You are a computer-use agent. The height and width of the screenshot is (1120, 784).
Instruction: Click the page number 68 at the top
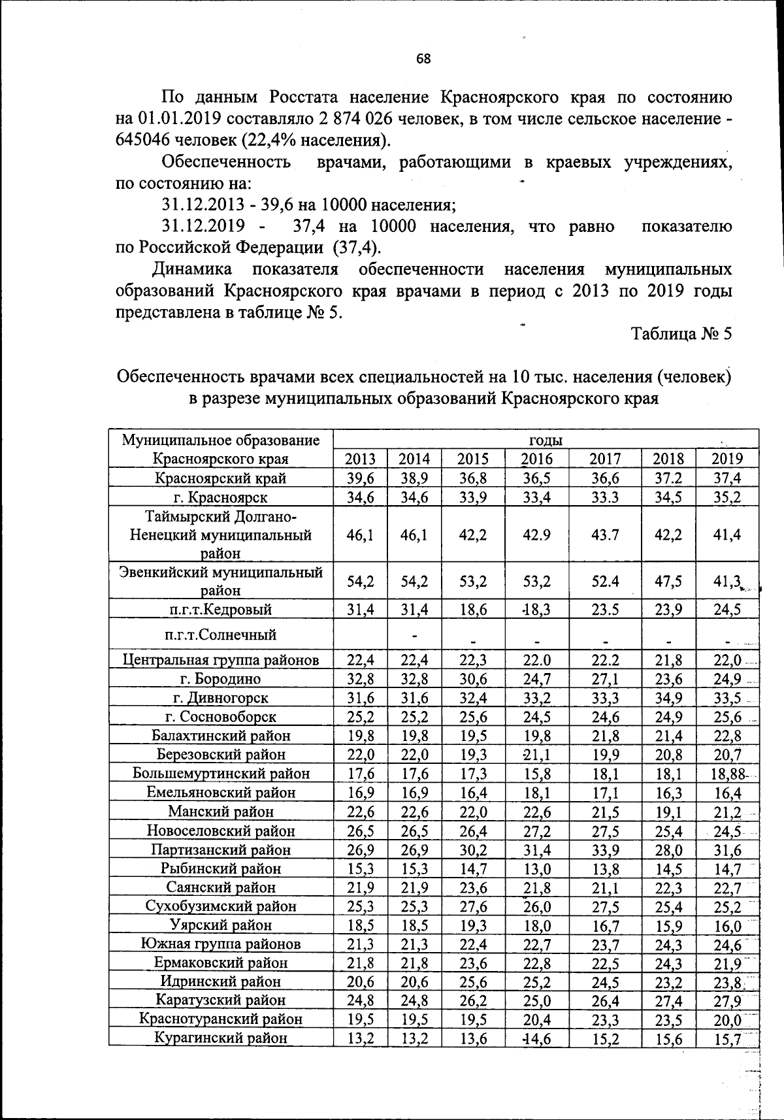tap(423, 59)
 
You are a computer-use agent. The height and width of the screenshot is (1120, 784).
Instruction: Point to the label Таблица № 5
tap(681, 334)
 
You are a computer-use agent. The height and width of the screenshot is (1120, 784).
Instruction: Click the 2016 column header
tap(537, 459)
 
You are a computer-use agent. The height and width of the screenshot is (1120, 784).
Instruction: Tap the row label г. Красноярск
tap(220, 497)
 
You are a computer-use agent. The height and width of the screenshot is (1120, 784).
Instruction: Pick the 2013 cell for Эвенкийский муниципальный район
tap(360, 581)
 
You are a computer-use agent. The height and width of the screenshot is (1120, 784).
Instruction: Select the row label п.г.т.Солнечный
tap(220, 634)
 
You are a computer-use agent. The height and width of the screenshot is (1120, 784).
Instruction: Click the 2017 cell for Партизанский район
tap(605, 850)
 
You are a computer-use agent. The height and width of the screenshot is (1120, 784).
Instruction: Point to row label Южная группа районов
tap(220, 944)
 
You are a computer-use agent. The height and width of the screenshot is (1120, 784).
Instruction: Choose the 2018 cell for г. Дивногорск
tap(668, 699)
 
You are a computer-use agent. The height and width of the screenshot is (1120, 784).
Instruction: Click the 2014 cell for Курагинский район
tap(414, 1038)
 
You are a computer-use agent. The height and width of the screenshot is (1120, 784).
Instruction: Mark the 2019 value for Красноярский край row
tap(727, 478)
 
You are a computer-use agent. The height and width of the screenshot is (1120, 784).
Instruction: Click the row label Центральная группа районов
tap(220, 660)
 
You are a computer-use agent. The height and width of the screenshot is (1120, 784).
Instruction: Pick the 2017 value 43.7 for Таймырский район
tap(605, 535)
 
